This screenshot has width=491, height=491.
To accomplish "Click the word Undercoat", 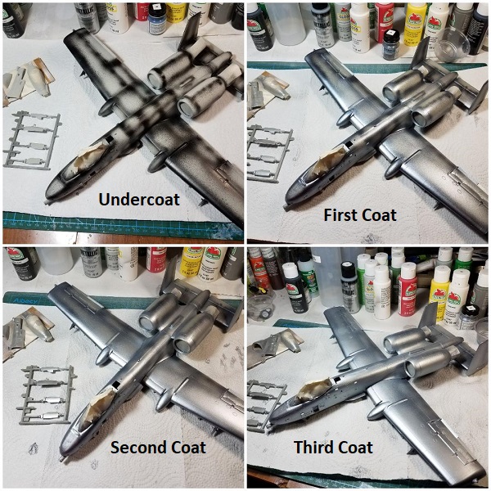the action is (x=139, y=199).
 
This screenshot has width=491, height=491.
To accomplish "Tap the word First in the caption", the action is (x=339, y=215).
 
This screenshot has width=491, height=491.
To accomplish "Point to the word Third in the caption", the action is (x=315, y=447).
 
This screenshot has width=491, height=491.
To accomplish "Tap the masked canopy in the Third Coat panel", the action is (x=315, y=390).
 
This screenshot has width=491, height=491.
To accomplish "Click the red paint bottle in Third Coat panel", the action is (x=407, y=289).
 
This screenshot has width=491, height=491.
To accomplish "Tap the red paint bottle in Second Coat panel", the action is (x=155, y=259).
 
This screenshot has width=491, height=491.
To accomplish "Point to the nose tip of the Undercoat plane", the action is (x=47, y=200).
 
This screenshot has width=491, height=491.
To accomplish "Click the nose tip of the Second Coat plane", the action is (x=62, y=459).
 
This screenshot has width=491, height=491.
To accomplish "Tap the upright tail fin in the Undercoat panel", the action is (x=190, y=32).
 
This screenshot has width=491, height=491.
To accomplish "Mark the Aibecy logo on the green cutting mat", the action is (x=25, y=301).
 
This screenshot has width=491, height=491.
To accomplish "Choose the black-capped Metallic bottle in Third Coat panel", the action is (x=351, y=287).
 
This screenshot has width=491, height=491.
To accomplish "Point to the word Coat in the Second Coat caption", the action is (x=187, y=447).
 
